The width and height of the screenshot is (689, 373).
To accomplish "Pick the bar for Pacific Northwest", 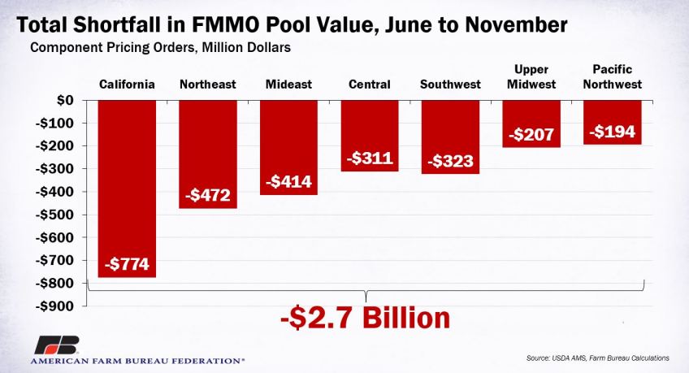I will click(613, 122).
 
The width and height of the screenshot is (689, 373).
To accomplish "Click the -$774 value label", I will click(127, 265).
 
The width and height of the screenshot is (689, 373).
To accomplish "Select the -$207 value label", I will click(532, 134).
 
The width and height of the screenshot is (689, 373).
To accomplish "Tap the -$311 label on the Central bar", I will click(370, 158).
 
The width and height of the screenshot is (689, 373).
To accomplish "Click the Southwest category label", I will click(451, 84).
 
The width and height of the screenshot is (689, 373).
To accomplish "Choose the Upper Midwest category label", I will click(532, 76).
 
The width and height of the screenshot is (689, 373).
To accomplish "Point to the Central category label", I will click(370, 84).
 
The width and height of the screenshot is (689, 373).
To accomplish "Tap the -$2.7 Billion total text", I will click(365, 317).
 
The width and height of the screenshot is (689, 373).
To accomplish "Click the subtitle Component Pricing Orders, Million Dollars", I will click(160, 48).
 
